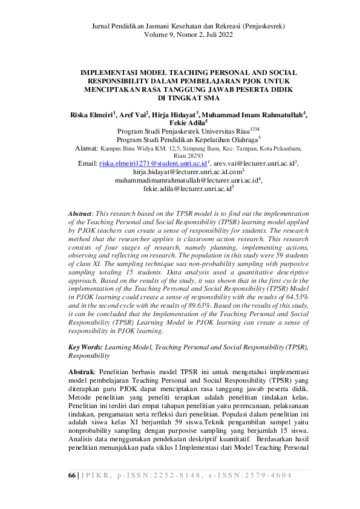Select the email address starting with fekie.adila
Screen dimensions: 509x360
pyautogui.click(x=186, y=189)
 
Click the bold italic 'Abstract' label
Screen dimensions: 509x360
pyautogui.click(x=80, y=214)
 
